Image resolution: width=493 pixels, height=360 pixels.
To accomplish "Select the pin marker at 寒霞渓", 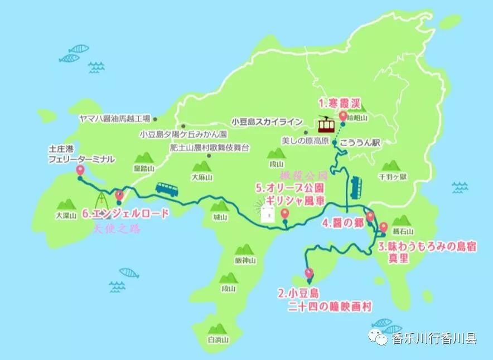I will [x=343, y=116].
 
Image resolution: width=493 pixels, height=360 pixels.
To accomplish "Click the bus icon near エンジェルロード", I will [x=167, y=189].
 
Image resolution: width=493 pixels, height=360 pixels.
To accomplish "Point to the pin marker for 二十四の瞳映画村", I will [x=310, y=274].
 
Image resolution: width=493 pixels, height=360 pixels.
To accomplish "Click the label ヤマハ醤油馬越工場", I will [x=115, y=119].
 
